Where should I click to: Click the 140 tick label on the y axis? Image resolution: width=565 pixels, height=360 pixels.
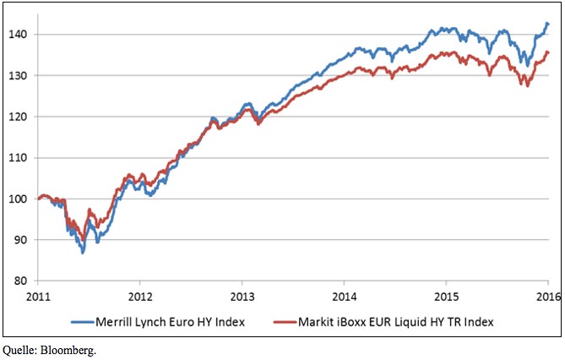20,35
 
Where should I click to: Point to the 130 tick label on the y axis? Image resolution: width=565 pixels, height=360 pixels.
20,75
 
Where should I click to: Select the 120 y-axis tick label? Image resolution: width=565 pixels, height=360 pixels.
20,117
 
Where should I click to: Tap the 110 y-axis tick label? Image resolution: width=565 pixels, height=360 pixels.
20,157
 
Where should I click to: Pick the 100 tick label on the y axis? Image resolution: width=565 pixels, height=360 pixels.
20,199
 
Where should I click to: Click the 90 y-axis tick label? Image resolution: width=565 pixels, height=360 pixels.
23,239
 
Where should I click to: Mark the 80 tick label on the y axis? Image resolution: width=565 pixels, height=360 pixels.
23,281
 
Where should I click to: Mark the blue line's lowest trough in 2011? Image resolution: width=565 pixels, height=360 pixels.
83,252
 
